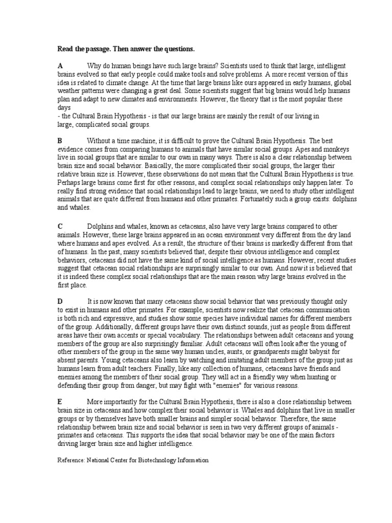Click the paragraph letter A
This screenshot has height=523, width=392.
(60, 66)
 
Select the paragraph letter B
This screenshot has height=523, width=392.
(60, 140)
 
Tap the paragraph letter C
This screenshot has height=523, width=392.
(60, 226)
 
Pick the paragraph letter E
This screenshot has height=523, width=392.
(60, 401)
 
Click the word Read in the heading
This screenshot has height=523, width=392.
(65, 49)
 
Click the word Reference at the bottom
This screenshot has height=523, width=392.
(71, 460)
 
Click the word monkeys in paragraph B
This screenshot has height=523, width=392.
(337, 149)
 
